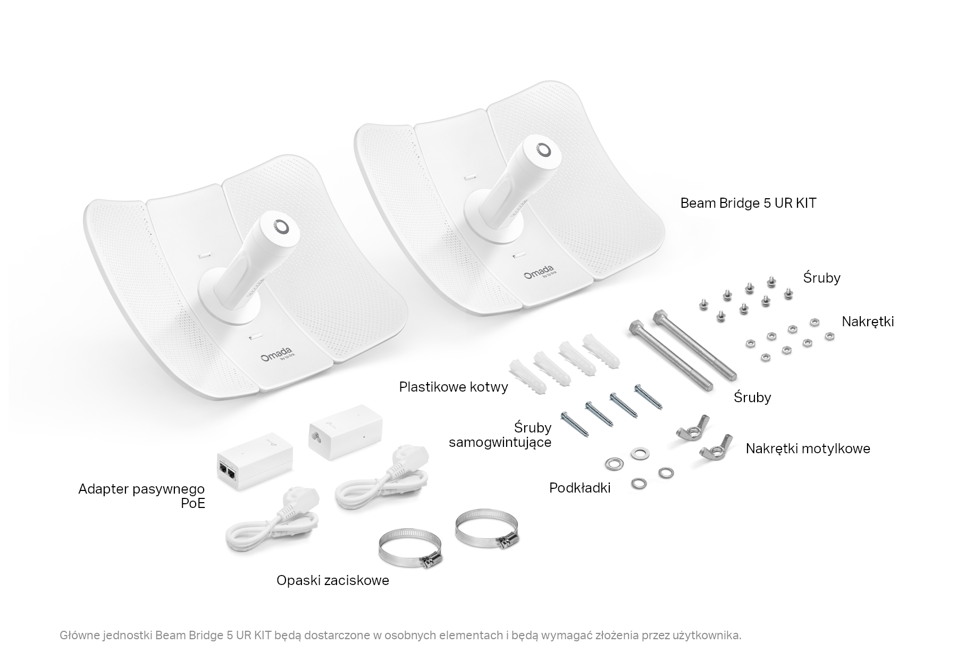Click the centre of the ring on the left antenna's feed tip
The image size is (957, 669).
coord(282,227)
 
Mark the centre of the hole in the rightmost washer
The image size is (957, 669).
coord(666,472)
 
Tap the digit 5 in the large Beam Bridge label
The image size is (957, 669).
coord(767,203)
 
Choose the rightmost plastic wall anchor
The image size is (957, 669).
coord(601,353)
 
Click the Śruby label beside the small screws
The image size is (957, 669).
coord(821,277)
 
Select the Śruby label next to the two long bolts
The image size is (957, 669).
coord(752,397)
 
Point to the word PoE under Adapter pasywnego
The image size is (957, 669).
coord(192,504)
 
